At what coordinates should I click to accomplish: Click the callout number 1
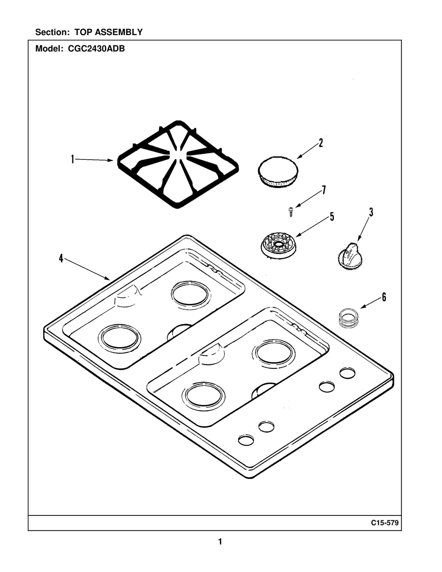point(73,159)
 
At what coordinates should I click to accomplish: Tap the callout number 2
point(321,143)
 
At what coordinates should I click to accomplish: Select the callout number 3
point(371,212)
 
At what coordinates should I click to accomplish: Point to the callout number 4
point(61,258)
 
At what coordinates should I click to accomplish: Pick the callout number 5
point(332,217)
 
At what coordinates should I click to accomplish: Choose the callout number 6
point(384,297)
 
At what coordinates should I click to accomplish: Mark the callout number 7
point(323,190)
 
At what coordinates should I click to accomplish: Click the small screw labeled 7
point(291,212)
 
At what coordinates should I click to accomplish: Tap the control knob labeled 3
point(349,256)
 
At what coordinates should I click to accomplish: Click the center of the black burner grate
point(178,164)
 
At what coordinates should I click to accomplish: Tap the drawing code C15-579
point(385,523)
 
